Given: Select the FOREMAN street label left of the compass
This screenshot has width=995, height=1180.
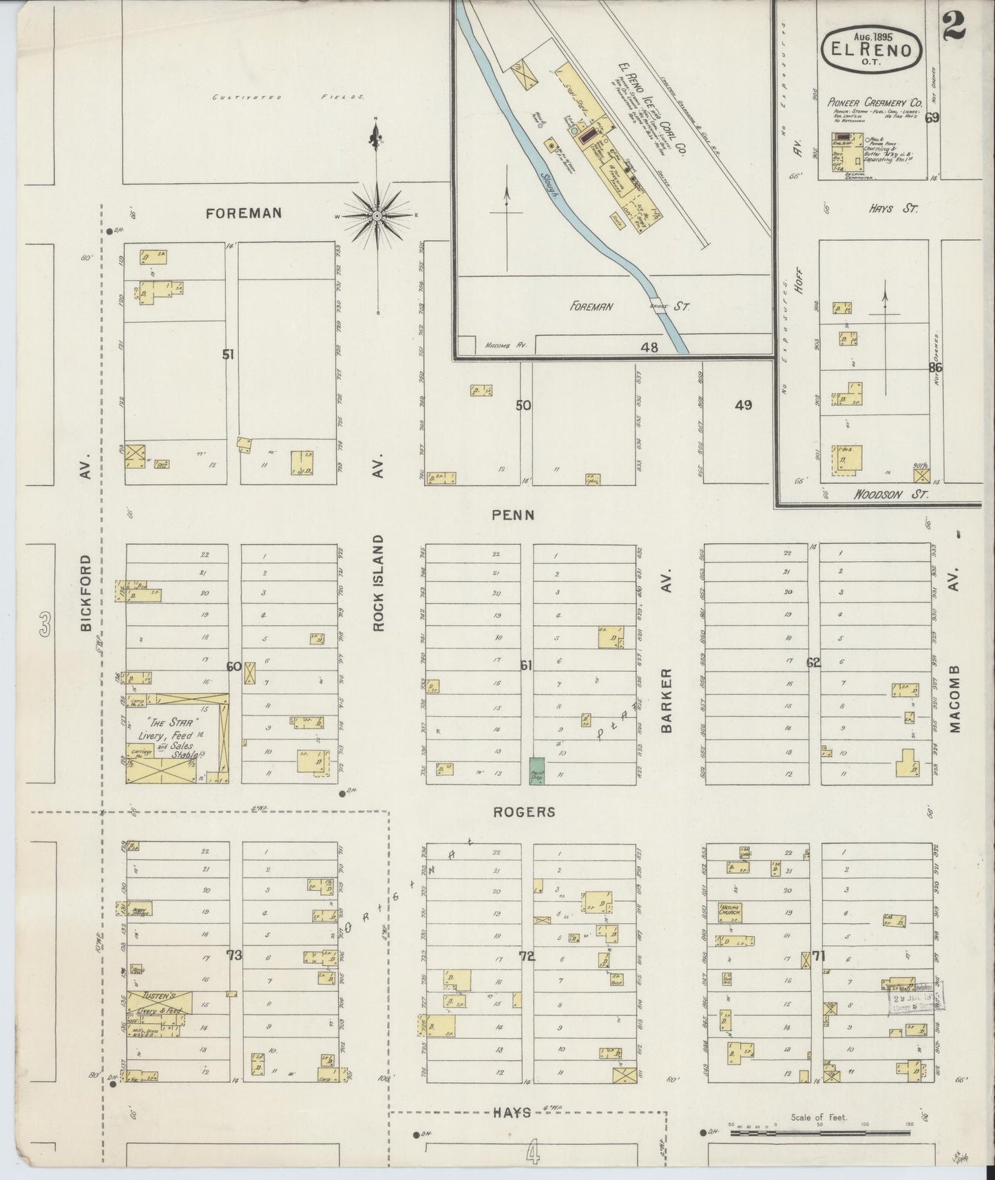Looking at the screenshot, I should [x=244, y=213].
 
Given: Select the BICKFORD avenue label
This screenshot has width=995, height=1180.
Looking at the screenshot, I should [x=85, y=593].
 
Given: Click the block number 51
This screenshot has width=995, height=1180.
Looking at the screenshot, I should [x=228, y=355].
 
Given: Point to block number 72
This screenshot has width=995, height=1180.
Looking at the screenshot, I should [x=527, y=956].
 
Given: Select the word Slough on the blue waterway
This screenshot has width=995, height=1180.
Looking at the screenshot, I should [x=548, y=183].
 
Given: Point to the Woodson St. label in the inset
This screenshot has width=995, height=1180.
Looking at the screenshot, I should [x=891, y=494].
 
